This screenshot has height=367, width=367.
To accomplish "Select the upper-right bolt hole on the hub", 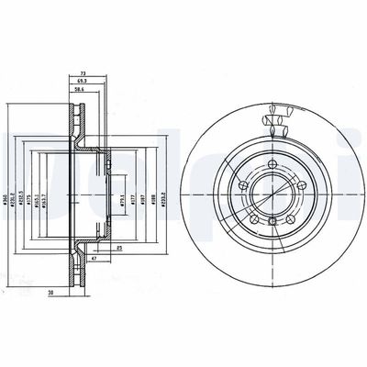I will click(302, 187).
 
